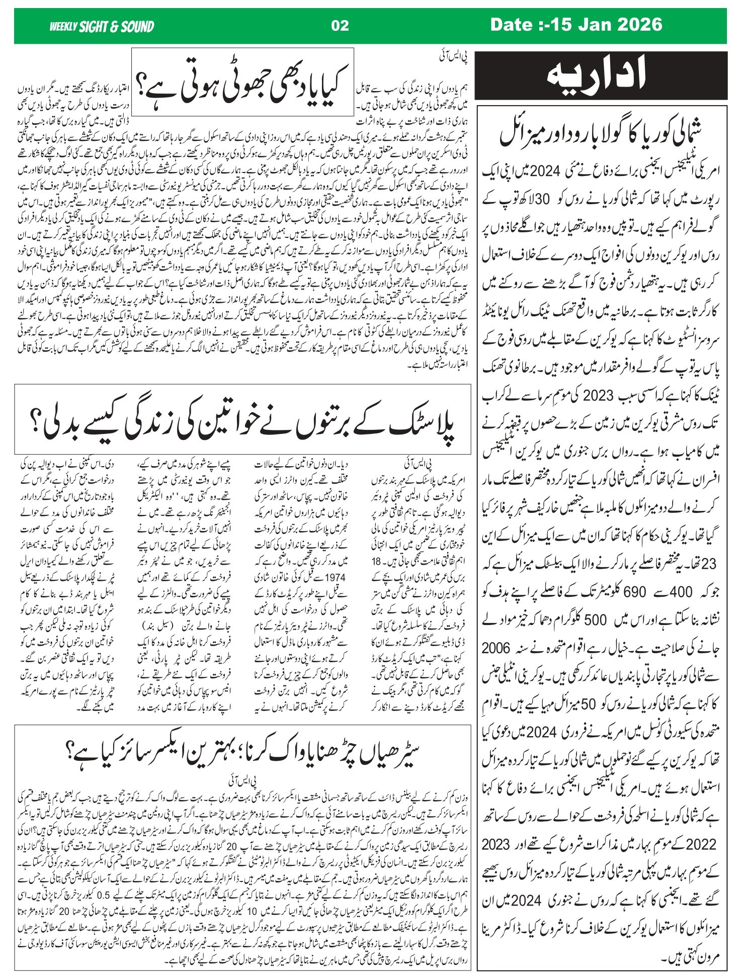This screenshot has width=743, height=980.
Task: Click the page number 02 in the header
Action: click(x=340, y=26)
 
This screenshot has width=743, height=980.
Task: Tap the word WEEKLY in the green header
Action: click(x=63, y=27)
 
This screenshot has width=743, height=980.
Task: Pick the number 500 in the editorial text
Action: click(x=595, y=620)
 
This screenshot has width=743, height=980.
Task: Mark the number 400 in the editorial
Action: click(x=681, y=592)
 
